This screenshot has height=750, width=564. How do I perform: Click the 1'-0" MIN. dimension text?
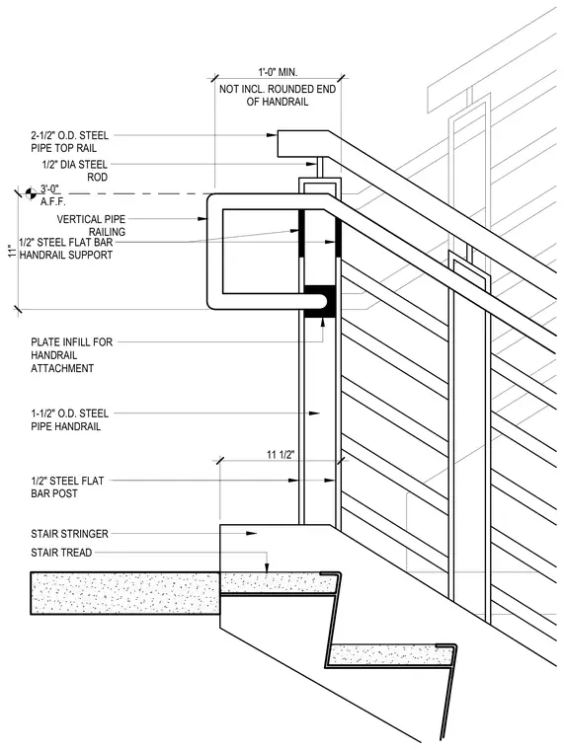(x=278, y=72)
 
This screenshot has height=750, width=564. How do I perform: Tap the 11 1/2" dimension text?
(x=281, y=454)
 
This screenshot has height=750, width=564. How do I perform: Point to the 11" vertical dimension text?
(x=12, y=251)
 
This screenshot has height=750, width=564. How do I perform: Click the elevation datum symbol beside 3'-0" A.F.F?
(x=31, y=193)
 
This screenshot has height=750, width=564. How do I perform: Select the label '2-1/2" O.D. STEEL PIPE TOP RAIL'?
(x=70, y=141)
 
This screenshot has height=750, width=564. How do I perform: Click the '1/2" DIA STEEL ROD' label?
(x=75, y=171)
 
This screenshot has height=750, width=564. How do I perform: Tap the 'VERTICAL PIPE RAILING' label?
(x=91, y=225)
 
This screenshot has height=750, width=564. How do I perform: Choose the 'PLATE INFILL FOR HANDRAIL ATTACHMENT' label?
(x=72, y=355)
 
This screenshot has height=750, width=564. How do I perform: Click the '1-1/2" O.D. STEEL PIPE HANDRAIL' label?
(x=70, y=419)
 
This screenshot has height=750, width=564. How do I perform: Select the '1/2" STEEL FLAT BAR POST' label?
(x=67, y=487)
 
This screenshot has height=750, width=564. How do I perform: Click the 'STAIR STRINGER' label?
(x=69, y=533)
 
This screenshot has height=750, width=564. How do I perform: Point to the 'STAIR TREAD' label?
(x=61, y=553)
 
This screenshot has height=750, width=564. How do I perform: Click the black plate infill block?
(x=319, y=301)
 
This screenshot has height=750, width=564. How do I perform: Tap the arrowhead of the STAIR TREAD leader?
(x=267, y=566)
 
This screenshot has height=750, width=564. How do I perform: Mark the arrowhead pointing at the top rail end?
(x=272, y=135)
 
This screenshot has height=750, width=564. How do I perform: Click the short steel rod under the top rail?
(x=319, y=168)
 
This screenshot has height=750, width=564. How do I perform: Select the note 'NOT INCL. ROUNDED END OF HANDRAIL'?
(x=278, y=95)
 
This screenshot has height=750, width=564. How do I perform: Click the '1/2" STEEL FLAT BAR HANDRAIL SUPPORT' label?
(x=66, y=249)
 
